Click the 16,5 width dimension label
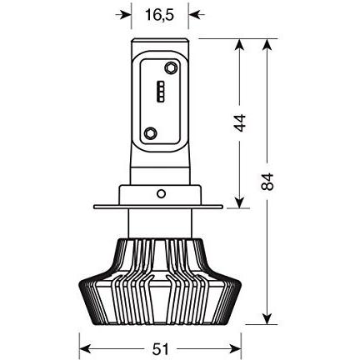click(159, 15)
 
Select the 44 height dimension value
click(240, 122)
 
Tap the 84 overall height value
click(267, 182)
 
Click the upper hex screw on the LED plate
click(170, 67)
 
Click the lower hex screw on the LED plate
click(150, 133)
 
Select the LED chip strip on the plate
click(161, 92)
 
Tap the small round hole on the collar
click(161, 193)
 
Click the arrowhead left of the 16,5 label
click(126, 15)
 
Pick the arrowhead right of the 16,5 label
click(194, 15)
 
